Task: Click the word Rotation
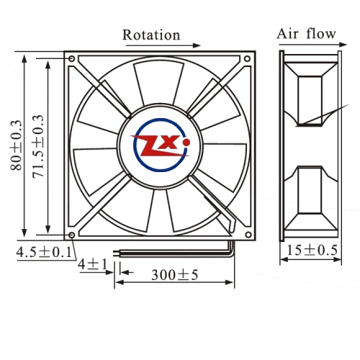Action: pyautogui.click(x=151, y=35)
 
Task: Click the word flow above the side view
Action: pyautogui.click(x=321, y=33)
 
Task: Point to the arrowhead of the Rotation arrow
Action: pyautogui.click(x=197, y=45)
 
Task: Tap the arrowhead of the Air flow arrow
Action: pyautogui.click(x=343, y=45)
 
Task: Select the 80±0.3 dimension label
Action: pyautogui.click(x=17, y=145)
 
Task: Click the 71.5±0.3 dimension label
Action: pyautogui.click(x=38, y=146)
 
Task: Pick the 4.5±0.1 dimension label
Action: pyautogui.click(x=44, y=252)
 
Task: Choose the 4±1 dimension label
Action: pyautogui.click(x=93, y=264)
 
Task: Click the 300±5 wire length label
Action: pyautogui.click(x=175, y=275)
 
